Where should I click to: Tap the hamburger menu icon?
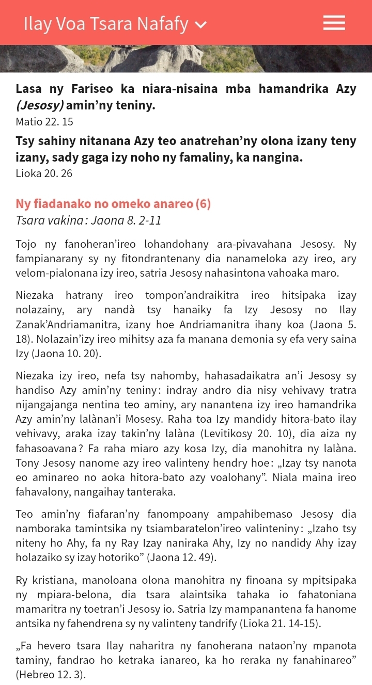[x=334, y=23]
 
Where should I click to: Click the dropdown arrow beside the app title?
[x=201, y=25]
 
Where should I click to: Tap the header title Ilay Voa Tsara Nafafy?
[x=106, y=24]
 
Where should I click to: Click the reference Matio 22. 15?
[x=44, y=122]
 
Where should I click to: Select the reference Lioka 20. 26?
[x=44, y=173]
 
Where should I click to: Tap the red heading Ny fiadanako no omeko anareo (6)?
[x=113, y=204]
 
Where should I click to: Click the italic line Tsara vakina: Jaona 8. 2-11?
[x=88, y=220]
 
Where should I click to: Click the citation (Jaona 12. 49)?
[x=180, y=557]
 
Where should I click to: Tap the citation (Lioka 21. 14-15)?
[x=280, y=624]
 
